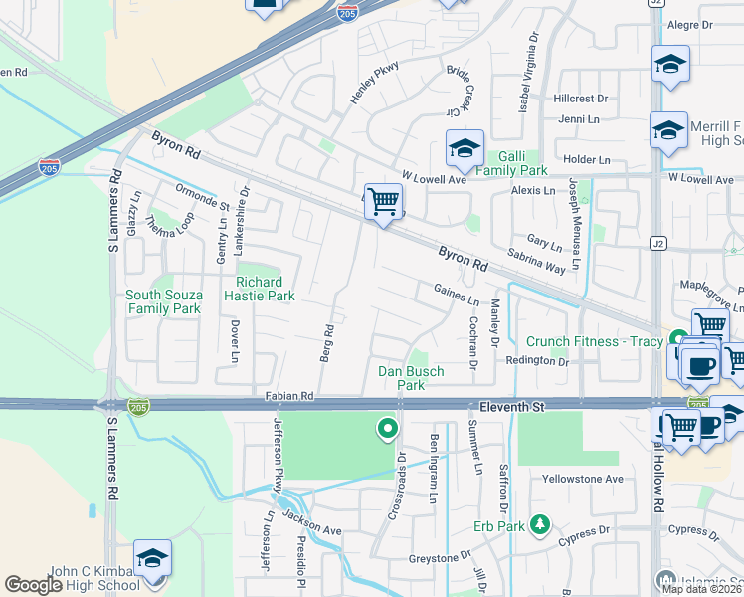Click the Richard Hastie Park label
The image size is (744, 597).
[266, 289]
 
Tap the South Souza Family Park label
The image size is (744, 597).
[163, 301]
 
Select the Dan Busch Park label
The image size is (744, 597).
[411, 378]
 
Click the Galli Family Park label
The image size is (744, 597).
[510, 163]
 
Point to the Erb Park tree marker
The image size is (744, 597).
[540, 523]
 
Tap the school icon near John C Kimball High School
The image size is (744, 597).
[152, 559]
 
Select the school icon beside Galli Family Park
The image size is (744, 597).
[465, 149]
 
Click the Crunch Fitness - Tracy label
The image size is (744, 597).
[594, 341]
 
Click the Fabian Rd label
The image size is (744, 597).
[289, 396]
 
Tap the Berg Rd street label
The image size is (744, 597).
[327, 342]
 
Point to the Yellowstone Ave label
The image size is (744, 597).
[582, 479]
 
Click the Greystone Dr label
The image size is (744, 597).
[438, 558]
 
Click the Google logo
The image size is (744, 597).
[33, 585]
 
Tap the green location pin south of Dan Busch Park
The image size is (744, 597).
[386, 429]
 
